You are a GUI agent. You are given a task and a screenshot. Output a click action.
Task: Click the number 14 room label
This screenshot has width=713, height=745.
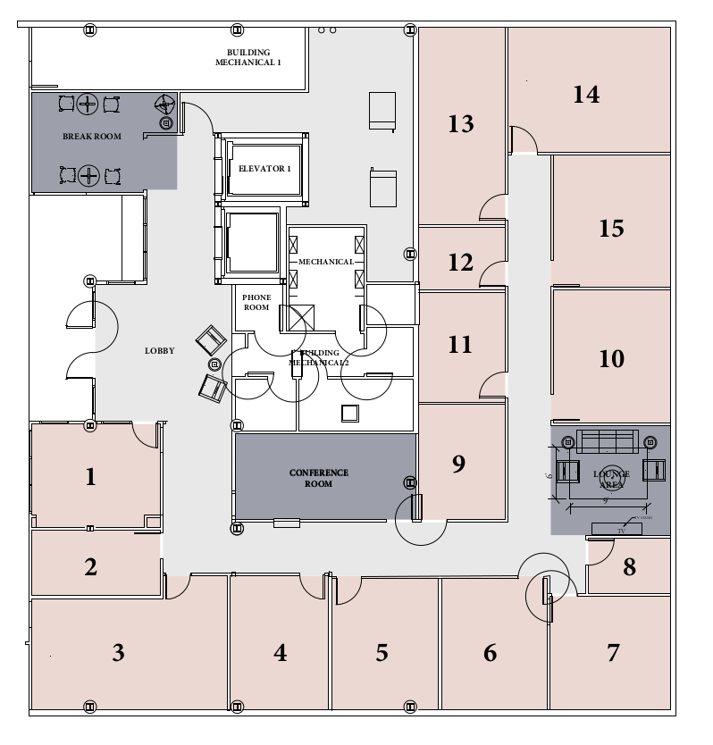[x=586, y=94]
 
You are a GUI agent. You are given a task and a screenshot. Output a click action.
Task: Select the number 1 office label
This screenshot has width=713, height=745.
[x=89, y=477]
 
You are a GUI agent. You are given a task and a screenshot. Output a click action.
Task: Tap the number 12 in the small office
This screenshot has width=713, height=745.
[x=460, y=263]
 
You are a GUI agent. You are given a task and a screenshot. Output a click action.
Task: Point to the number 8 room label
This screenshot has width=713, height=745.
[x=629, y=567]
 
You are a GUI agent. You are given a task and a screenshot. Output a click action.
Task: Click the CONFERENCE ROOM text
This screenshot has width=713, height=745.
[x=318, y=478]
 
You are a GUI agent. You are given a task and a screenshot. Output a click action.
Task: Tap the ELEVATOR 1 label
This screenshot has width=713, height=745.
[x=259, y=167]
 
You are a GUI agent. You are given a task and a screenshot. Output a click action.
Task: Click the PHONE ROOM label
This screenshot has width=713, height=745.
[x=256, y=302]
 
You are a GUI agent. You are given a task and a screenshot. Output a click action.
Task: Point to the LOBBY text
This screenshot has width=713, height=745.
[x=160, y=351]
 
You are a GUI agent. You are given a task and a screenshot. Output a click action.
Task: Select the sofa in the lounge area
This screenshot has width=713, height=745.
[x=608, y=441]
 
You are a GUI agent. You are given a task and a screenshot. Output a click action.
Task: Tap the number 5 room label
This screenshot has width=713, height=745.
[x=382, y=653]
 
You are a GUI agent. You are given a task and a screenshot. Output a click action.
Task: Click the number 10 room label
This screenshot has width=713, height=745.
[x=612, y=359]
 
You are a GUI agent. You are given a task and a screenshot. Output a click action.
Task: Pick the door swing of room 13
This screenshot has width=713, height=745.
[x=492, y=208]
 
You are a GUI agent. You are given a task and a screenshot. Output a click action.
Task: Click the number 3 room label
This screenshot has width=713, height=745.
[x=118, y=653]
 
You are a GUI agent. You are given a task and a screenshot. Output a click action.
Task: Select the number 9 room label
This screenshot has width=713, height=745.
[x=458, y=464]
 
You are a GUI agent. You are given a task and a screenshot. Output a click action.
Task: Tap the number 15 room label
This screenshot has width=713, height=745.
[x=611, y=229]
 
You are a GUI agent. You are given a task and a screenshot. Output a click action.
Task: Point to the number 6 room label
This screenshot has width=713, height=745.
[x=490, y=653]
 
